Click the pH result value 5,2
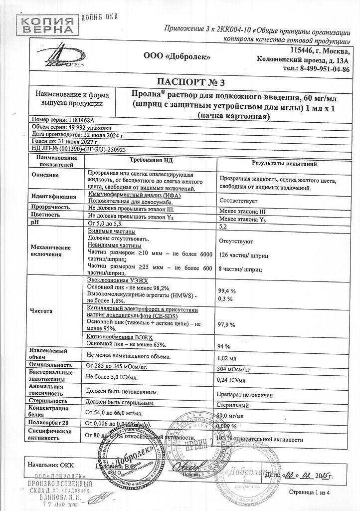click(x=226, y=226)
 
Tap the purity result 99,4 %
click(x=228, y=290)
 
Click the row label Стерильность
click(x=48, y=400)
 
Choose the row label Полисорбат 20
click(x=48, y=423)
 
